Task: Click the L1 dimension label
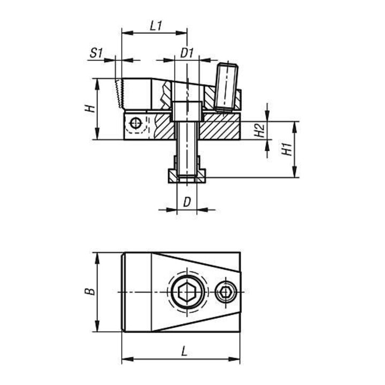pyautogui.click(x=156, y=26)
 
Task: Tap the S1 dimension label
pyautogui.click(x=96, y=53)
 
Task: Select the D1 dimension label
pyautogui.click(x=187, y=53)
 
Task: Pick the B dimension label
pyautogui.click(x=90, y=291)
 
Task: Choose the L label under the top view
pyautogui.click(x=184, y=352)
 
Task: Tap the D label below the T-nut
pyautogui.click(x=187, y=202)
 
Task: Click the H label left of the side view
pyautogui.click(x=90, y=108)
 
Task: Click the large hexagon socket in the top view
pyautogui.click(x=187, y=292)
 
